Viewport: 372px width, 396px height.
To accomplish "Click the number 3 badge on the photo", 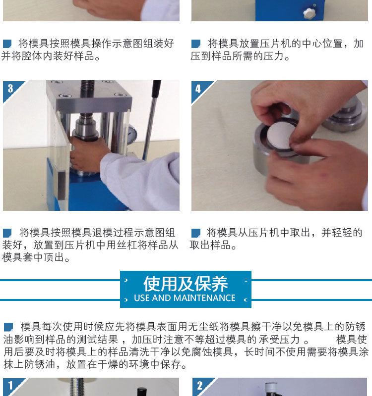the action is click(10, 89).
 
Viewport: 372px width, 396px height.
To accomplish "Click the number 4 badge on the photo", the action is click(198, 89).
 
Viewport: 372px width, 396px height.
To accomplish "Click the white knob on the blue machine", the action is click(309, 13).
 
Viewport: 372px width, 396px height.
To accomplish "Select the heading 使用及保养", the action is click(186, 284).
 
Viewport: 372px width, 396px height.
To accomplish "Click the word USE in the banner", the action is click(142, 298).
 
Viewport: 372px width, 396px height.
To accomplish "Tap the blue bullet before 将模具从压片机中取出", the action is click(195, 233).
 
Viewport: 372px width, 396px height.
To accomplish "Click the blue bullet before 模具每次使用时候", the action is click(8, 327).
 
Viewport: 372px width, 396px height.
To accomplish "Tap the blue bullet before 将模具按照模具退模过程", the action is click(7, 233).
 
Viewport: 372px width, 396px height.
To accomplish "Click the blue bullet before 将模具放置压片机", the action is click(195, 44).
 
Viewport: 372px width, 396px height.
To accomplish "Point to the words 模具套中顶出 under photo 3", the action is click(33, 257).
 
